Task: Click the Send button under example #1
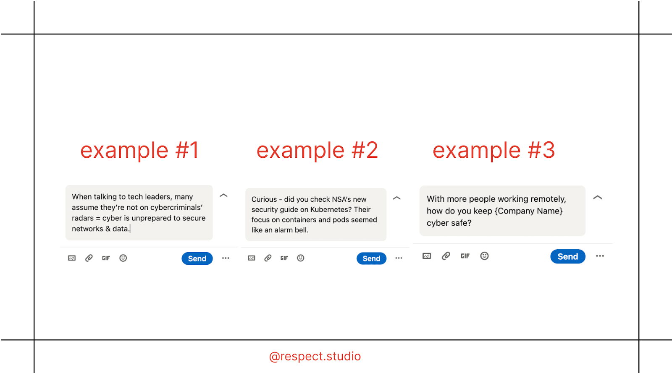197,258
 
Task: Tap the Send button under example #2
371,258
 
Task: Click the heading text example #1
140,150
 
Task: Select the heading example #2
317,150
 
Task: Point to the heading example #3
494,150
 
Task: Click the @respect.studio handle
315,356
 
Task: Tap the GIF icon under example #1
106,258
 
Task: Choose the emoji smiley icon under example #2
301,258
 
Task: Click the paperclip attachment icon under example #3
446,256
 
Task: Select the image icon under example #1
72,258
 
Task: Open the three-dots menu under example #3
600,256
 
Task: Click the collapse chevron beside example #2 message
396,198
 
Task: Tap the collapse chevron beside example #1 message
223,196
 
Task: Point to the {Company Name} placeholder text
529,211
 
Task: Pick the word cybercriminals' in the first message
176,207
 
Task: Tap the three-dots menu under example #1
226,258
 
